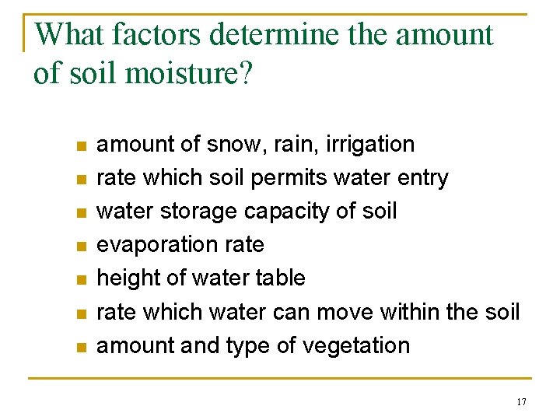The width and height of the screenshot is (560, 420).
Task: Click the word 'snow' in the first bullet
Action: click(x=231, y=145)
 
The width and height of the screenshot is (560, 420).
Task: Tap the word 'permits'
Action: click(x=289, y=178)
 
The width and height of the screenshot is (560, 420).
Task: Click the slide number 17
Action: click(x=521, y=402)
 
